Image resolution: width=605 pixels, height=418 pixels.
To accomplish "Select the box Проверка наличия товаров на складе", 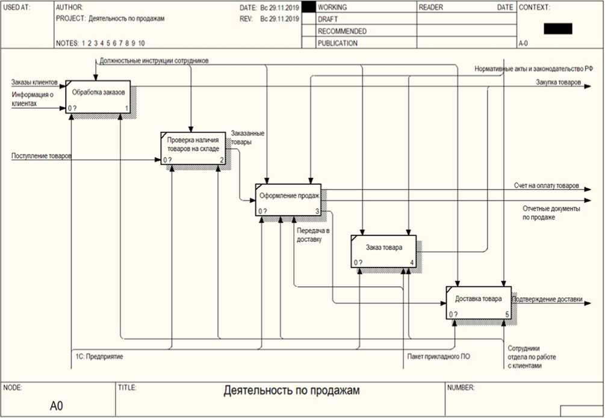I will [x=193, y=147].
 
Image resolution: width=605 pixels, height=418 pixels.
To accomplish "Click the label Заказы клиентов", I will [x=34, y=82].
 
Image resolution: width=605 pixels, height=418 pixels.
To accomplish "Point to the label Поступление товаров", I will [x=42, y=156].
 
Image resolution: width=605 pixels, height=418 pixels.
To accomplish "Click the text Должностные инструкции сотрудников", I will [x=154, y=61].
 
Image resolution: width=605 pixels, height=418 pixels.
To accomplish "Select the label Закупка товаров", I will [x=559, y=82].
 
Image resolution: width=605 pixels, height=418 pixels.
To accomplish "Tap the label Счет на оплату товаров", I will [x=547, y=185].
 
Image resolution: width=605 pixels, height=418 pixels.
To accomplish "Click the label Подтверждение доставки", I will [x=547, y=298].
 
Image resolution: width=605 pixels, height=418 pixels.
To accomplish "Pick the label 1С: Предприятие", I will [x=99, y=357].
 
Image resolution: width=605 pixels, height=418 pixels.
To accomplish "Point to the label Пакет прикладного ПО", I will [x=439, y=357].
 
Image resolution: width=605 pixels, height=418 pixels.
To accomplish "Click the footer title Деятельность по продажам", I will [x=291, y=391].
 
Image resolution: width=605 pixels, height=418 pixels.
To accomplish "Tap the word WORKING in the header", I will [x=332, y=8].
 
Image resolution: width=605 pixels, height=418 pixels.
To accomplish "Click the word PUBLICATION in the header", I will [x=337, y=43].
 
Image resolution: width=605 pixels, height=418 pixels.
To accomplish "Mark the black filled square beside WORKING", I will [x=308, y=8].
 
